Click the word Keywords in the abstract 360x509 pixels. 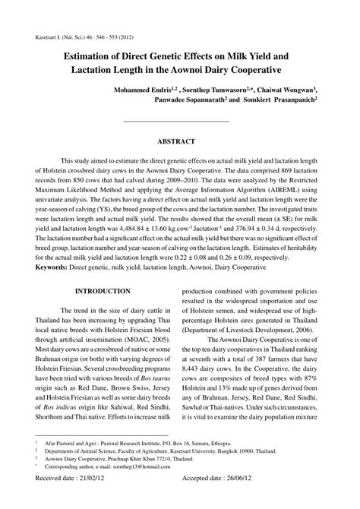(57, 268)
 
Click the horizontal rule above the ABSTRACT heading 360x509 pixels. (175, 122)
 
